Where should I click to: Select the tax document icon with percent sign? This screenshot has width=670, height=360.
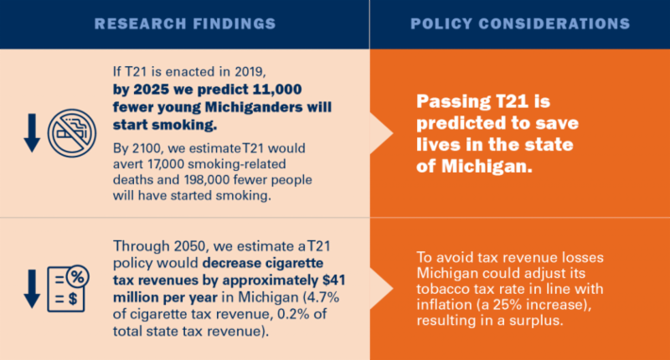(x=68, y=285)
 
